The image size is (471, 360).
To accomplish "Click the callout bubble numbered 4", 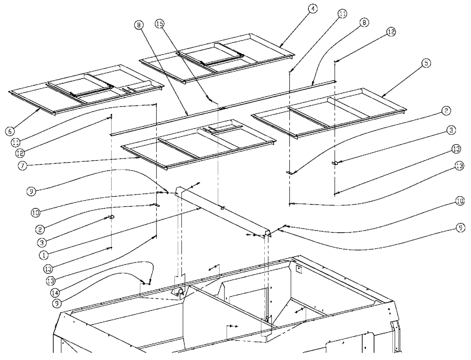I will (312, 9).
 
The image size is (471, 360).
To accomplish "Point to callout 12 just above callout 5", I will (391, 32).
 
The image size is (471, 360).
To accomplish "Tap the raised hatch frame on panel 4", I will (210, 54).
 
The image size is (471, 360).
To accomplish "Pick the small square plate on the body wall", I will (298, 269).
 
